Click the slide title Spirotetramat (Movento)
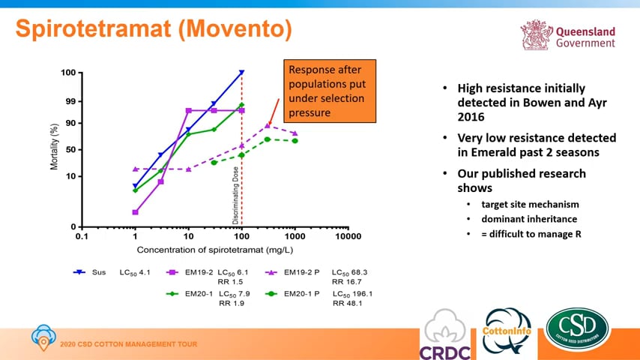[153, 30]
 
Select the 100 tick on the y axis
[67, 73]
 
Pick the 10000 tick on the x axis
[348, 236]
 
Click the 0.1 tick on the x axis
[81, 236]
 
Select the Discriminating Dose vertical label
[236, 195]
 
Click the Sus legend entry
[94, 273]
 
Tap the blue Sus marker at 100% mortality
[241, 73]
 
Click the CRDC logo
[447, 334]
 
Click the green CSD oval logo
[577, 329]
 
